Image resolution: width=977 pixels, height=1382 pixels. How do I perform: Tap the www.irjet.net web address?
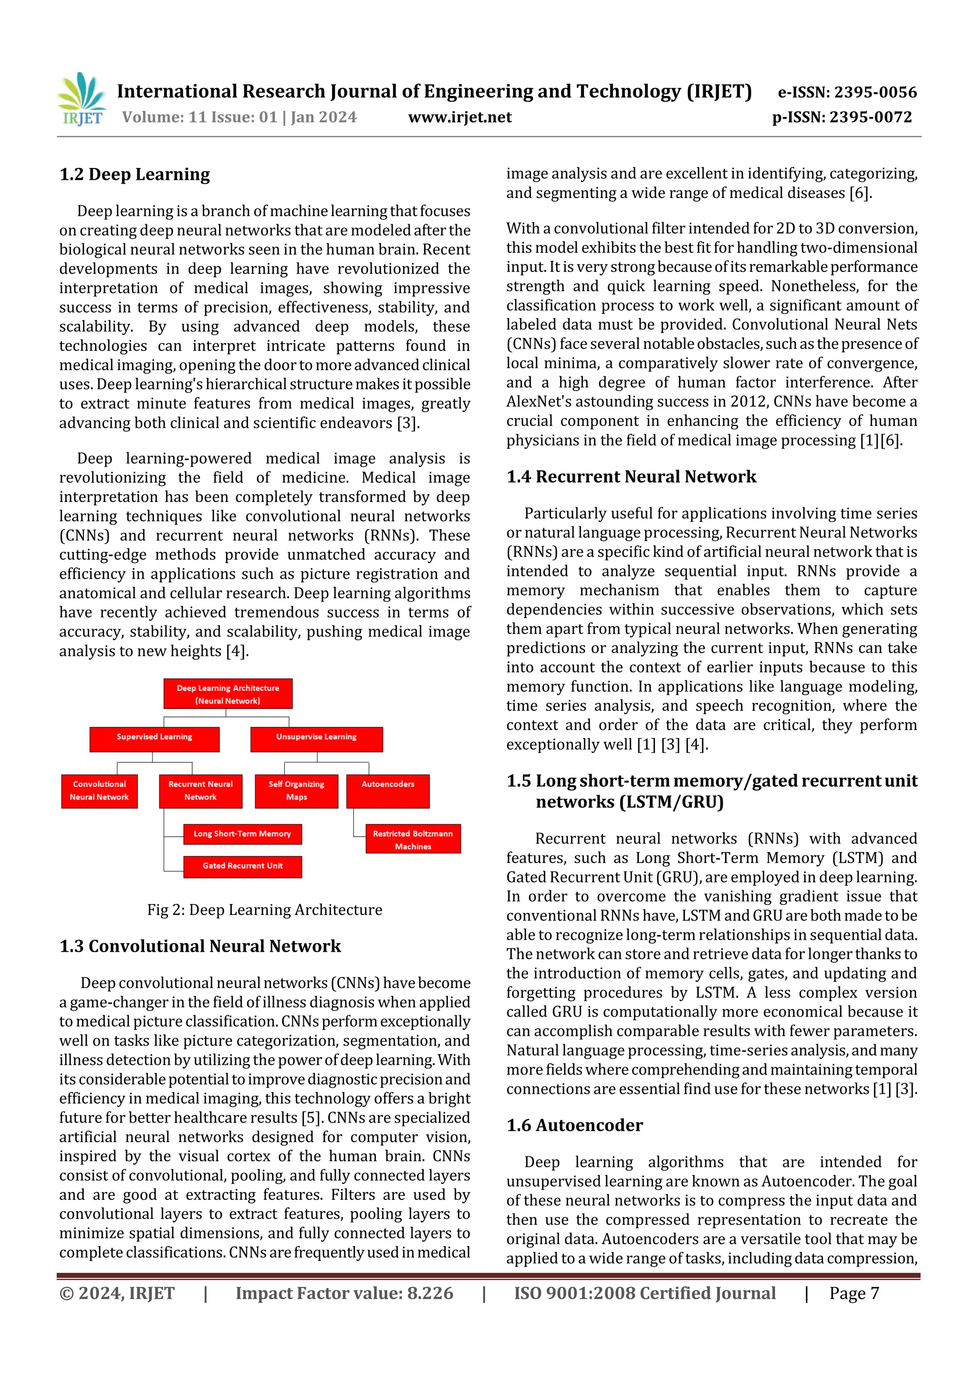coord(460,117)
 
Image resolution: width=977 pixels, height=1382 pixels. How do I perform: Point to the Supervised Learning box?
coord(154,739)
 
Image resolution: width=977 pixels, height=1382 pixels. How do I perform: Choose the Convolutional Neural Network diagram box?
coord(99,791)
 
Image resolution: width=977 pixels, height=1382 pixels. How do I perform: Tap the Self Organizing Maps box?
coord(296,791)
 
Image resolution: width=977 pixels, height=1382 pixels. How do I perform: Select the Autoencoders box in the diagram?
coord(388,791)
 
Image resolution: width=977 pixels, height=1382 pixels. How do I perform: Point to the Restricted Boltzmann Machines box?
coord(413,839)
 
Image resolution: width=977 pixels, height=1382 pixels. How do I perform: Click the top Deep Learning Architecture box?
coord(228,694)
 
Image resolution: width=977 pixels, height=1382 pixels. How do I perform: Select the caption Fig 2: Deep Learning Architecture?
coord(264,910)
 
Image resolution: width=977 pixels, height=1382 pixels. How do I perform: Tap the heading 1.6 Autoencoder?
coord(574,1125)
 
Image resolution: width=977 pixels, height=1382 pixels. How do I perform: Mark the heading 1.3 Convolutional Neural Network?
coord(200,946)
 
